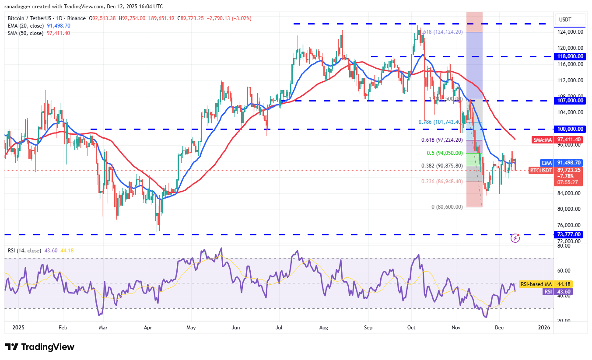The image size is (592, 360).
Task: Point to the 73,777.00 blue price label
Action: [568, 234]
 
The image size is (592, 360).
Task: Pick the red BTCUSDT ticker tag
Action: [541, 170]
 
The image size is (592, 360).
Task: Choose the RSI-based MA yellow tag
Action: [536, 284]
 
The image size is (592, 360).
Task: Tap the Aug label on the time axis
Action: [324, 327]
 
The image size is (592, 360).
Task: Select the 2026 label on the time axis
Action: [543, 327]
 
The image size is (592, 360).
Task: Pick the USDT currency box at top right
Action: [566, 20]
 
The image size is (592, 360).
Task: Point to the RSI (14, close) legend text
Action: [25, 251]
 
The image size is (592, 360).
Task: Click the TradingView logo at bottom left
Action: [40, 347]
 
